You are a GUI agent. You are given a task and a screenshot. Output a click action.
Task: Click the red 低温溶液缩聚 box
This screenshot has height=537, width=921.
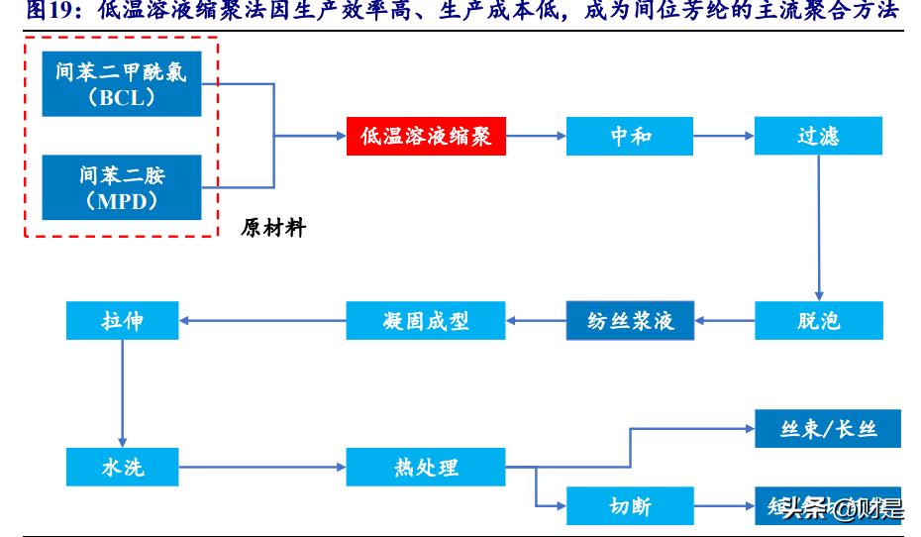point(426,136)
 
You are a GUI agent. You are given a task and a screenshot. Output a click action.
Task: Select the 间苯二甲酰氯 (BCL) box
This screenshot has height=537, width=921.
point(122,84)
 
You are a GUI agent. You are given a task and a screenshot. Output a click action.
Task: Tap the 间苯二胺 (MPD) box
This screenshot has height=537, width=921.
point(122,187)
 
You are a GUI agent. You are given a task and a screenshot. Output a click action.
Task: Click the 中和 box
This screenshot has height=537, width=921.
point(630,136)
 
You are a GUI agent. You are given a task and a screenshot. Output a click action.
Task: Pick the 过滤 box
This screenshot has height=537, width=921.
point(818,136)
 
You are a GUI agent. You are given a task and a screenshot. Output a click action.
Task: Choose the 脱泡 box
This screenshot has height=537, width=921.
point(818,320)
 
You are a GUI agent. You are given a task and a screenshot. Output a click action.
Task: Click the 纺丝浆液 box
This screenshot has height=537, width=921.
point(630,320)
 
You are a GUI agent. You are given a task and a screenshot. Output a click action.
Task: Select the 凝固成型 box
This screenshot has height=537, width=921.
point(426,320)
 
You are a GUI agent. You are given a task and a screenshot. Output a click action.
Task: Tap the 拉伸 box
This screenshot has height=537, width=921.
point(122,320)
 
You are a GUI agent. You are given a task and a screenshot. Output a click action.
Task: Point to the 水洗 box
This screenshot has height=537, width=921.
point(122,465)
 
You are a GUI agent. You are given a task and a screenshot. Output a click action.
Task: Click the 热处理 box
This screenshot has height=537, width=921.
point(426,465)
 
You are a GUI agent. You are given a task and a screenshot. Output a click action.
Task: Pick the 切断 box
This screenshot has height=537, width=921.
point(630,506)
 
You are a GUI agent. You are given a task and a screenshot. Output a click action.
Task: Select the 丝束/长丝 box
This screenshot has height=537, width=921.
point(818,429)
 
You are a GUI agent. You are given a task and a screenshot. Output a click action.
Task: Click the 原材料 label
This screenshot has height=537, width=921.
point(273,228)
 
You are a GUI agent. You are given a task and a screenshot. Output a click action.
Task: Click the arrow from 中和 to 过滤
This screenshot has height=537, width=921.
point(724,136)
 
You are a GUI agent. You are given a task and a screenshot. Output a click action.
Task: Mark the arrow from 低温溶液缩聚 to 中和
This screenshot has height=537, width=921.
point(536,136)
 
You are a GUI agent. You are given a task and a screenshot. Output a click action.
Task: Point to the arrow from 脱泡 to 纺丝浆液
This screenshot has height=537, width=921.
point(724,320)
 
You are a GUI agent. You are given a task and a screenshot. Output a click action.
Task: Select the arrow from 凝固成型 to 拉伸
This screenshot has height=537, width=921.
point(262,320)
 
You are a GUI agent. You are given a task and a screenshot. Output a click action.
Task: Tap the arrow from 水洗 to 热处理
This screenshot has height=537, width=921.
point(262,465)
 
